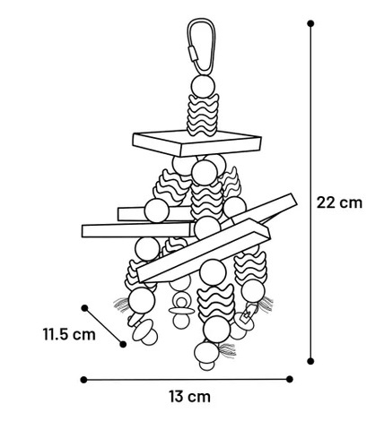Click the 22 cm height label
click(339, 202)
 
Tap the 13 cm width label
click(189, 397)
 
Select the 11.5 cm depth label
click(69, 334)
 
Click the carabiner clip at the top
click(202, 46)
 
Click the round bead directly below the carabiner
click(203, 86)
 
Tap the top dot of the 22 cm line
click(310, 23)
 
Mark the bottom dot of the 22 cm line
click(310, 361)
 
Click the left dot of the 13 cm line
click(84, 380)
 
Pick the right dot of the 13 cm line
click(290, 379)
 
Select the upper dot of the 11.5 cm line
click(84, 308)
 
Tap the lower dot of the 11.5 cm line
click(123, 344)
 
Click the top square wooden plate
click(197, 143)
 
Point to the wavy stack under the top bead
click(203, 115)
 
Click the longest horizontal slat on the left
click(138, 230)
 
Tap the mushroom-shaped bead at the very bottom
click(206, 356)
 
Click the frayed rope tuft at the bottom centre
click(227, 349)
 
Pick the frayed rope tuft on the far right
click(266, 304)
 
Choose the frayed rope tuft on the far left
click(121, 305)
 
